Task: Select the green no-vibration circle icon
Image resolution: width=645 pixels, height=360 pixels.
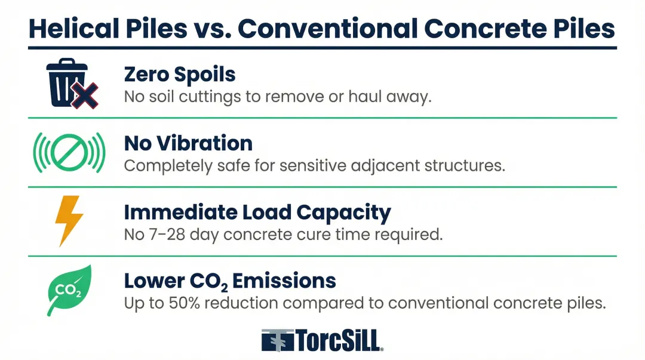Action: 69,152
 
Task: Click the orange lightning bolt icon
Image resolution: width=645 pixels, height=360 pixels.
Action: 69,221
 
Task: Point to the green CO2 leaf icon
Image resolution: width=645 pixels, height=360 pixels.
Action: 69,291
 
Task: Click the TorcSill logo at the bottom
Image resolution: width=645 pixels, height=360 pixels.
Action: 322,340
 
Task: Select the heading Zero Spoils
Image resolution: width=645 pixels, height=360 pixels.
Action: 180,75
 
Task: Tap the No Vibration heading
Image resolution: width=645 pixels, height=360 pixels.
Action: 188,143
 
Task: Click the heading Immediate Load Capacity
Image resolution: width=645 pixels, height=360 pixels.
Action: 257,213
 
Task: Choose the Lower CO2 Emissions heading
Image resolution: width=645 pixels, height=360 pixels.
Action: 230,281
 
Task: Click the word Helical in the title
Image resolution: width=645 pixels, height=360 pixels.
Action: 73,29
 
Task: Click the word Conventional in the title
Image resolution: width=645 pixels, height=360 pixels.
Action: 327,29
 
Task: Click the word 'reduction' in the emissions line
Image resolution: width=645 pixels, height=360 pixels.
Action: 241,303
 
